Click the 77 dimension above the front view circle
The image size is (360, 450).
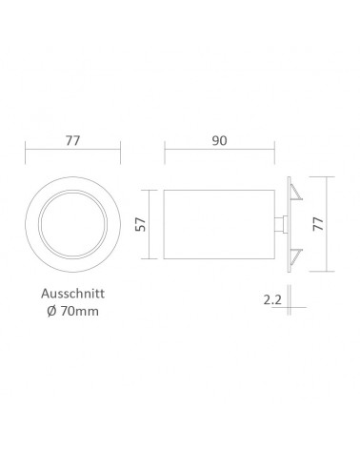(72, 140)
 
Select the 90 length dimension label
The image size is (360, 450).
(219, 140)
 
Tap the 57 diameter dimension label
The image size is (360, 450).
(141, 224)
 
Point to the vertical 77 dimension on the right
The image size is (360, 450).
(318, 224)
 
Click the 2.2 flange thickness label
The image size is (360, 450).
(272, 299)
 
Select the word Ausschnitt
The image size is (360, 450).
(72, 294)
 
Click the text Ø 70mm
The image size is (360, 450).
(72, 311)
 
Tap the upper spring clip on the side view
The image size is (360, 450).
(296, 193)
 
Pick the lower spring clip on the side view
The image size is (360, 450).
(296, 256)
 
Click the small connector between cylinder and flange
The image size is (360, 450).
(281, 224)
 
